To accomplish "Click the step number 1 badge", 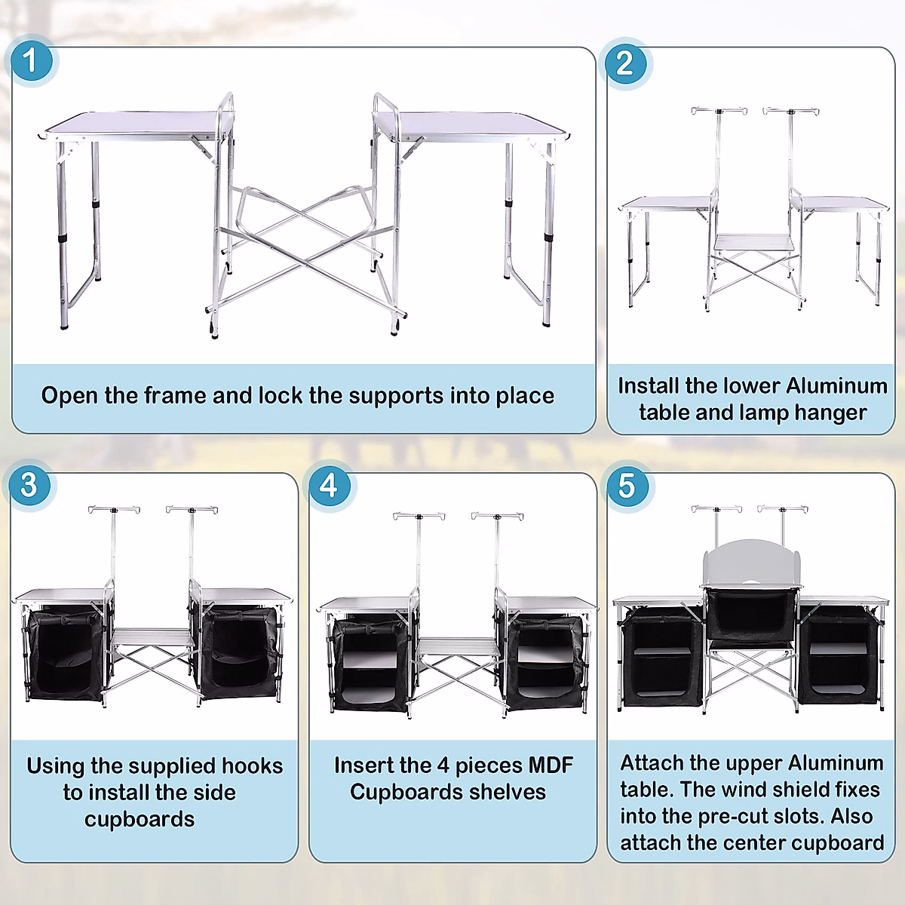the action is pyautogui.click(x=30, y=61).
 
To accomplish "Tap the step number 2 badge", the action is pyautogui.click(x=624, y=63).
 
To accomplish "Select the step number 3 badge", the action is pyautogui.click(x=29, y=485).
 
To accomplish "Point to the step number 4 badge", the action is pyautogui.click(x=329, y=485).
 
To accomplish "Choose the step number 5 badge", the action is pyautogui.click(x=627, y=486).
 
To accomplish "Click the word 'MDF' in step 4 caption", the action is pyautogui.click(x=550, y=765).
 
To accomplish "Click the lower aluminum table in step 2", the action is pyautogui.click(x=753, y=242).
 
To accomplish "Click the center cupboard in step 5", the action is pyautogui.click(x=751, y=615).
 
